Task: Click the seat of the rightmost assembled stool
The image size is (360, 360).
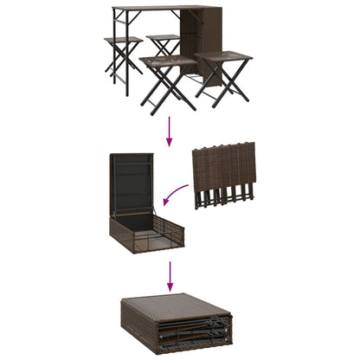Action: click(x=223, y=57)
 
